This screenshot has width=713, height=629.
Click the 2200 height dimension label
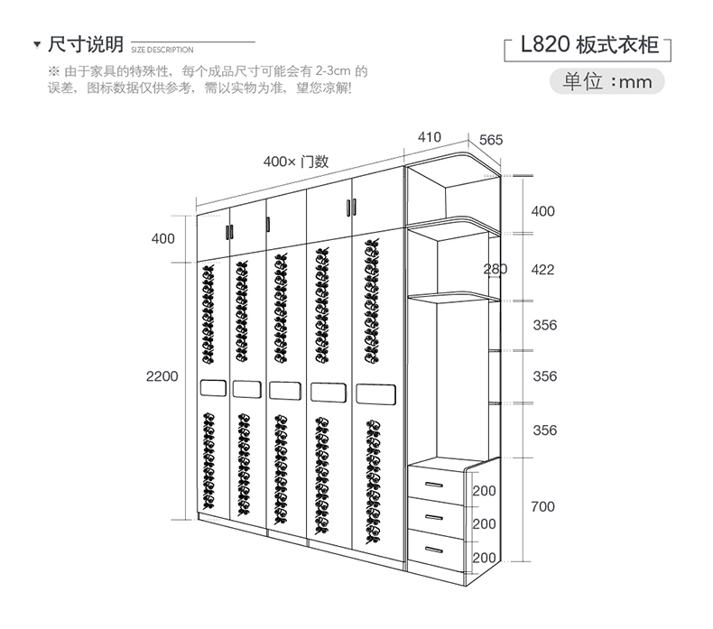point(162,375)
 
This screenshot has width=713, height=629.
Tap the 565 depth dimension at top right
point(491,140)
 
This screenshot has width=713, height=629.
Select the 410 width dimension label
point(430,137)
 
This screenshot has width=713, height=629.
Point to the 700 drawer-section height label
point(543,506)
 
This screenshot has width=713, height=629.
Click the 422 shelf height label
point(543,269)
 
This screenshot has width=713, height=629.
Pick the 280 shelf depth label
point(495,269)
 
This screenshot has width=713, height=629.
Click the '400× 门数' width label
point(295,162)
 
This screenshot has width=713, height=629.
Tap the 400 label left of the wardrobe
point(162,239)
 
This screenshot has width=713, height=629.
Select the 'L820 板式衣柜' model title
point(590,45)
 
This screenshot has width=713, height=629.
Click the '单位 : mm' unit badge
point(607,81)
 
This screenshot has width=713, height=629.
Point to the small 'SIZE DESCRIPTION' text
point(162,50)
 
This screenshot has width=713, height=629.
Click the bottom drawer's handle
point(433,547)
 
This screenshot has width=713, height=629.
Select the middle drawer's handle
point(433,515)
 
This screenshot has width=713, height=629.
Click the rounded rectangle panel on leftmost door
point(211,388)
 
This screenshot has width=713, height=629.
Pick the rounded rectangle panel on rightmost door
point(376,394)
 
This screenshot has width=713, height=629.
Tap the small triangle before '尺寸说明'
point(35,45)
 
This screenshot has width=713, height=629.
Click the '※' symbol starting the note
point(53,70)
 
